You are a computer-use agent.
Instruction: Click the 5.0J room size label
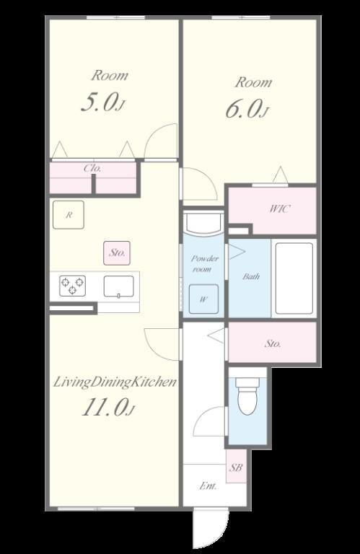point(103,103)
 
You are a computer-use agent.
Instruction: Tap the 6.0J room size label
point(247,109)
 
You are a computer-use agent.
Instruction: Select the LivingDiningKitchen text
point(115,382)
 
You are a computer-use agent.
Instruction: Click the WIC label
point(279,208)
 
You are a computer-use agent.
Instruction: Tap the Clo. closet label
point(93,168)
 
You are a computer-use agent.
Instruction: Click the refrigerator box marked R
point(69,215)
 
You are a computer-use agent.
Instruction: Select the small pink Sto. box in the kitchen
point(117,253)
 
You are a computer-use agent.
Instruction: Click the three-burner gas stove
point(72,286)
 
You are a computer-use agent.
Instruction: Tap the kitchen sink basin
point(119,286)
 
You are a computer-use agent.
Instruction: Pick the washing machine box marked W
point(203,299)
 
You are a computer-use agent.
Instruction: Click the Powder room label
point(204,263)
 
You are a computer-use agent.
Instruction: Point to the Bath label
point(251,276)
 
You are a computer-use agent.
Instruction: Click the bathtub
point(294,278)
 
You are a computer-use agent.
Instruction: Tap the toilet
point(248,396)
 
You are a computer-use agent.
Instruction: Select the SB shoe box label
point(236,467)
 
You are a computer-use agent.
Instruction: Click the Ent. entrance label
point(208,486)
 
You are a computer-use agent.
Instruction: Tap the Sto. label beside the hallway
point(273,343)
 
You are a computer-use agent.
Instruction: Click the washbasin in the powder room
point(203,223)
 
